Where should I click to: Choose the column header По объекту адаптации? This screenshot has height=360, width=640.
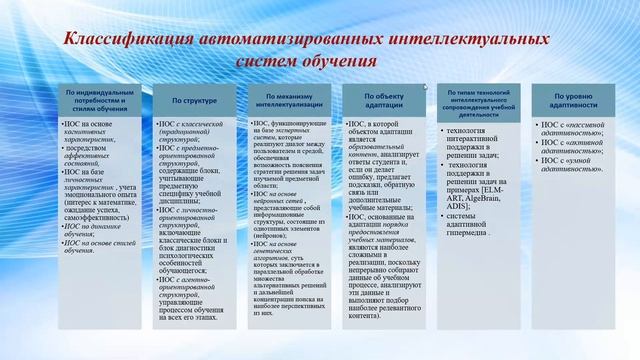[x=385, y=100]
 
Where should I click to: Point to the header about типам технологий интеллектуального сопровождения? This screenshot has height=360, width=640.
[x=481, y=100]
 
